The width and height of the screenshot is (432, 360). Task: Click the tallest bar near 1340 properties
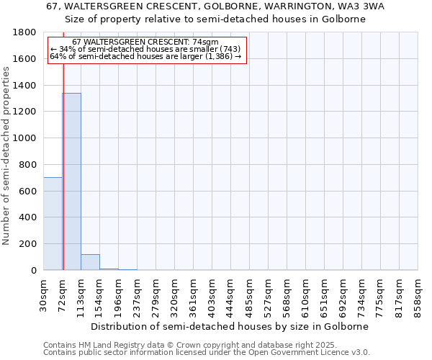(71, 181)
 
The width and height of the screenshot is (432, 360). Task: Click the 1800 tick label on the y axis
(25, 32)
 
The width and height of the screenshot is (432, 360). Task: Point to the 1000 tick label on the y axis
(25, 138)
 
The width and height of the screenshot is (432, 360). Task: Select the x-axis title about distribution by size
(230, 326)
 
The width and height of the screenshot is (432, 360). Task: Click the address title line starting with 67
(216, 6)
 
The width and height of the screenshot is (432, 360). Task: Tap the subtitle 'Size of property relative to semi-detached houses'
(216, 19)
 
